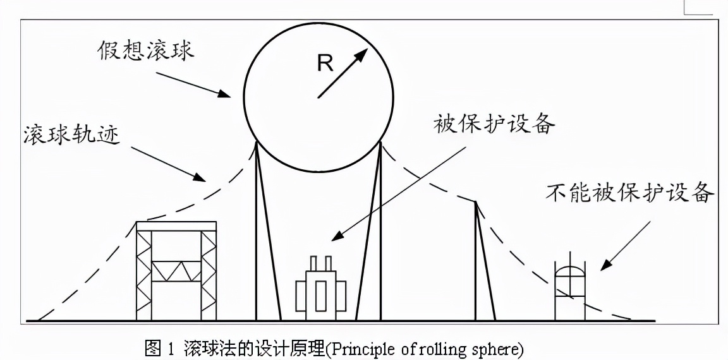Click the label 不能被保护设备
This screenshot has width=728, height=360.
point(630,192)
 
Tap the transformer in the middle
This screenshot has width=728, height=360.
point(322,292)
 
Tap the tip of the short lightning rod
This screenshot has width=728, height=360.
point(476,201)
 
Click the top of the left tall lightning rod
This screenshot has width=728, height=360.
point(257,143)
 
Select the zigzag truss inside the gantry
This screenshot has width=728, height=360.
point(177,270)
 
